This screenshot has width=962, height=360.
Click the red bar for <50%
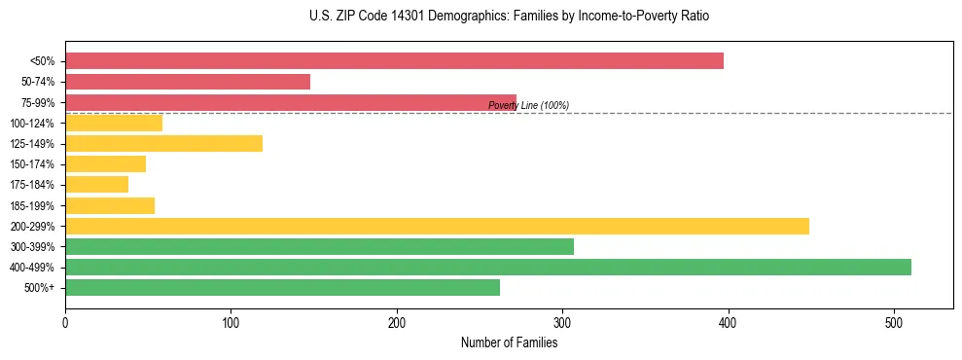pos(394,61)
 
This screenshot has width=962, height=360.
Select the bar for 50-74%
pos(188,82)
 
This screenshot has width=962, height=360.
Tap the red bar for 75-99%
pos(291,102)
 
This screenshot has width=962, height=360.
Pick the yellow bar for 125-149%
pos(163,144)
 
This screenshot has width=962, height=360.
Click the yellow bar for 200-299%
pos(437,226)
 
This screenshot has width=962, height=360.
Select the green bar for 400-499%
pos(488,267)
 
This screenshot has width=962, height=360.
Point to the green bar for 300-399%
pos(319,246)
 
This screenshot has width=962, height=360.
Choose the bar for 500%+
pos(282,287)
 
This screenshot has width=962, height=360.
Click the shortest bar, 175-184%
pos(96,185)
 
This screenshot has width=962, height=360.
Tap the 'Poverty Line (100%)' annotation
pos(528,105)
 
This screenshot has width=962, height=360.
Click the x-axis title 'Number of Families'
pos(509,342)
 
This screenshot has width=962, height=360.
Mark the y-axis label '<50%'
pos(42,61)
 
